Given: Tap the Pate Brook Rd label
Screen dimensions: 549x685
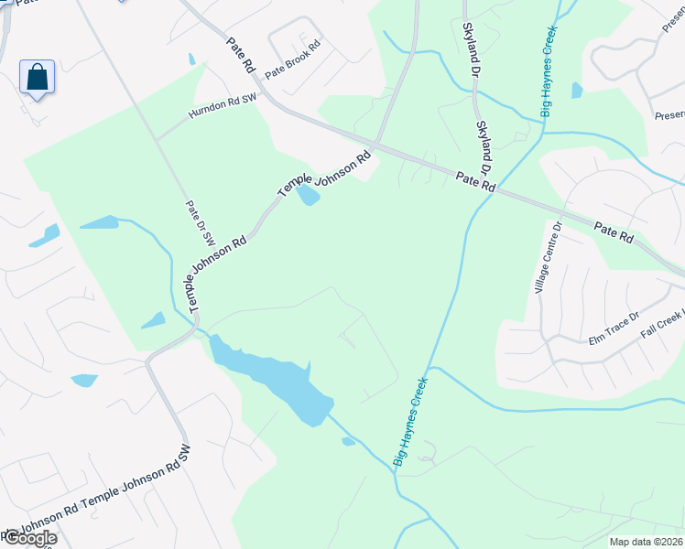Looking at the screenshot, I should pos(293,59).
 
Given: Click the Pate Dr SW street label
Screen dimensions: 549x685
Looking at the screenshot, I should pos(201,223).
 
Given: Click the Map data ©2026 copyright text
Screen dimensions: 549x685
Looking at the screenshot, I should pos(646,542).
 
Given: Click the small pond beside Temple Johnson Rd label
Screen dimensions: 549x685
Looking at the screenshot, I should pos(310,195).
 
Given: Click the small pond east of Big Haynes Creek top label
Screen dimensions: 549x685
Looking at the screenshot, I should pos(576,90).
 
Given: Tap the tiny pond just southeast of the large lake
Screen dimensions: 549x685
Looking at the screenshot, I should pos(348,442).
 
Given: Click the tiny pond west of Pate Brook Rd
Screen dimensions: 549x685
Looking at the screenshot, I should pos(191,59).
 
